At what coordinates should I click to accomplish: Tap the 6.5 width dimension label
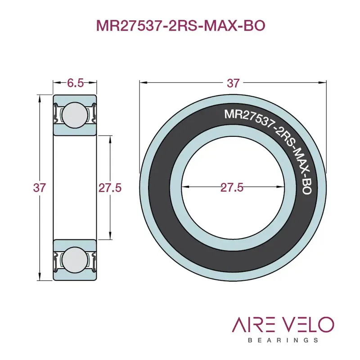pos(75,83)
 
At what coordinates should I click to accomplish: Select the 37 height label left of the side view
pos(40,188)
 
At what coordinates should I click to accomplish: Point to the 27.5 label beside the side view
pos(110,188)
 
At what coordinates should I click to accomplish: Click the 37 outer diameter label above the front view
pos(233,83)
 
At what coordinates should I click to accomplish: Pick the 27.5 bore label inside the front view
pos(232,188)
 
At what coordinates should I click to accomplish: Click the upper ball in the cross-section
pos(75,114)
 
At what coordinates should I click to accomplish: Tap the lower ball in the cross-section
pos(75,261)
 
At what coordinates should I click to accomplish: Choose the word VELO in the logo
pos(311,325)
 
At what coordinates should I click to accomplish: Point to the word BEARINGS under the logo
pos(283,340)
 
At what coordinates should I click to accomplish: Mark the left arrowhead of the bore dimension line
pos(184,188)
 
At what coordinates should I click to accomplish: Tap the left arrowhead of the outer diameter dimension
pos(142,82)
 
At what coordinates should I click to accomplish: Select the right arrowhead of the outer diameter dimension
pos(324,82)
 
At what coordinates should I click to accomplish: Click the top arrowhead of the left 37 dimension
pos(40,96)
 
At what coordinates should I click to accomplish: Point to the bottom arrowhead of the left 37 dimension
pos(40,279)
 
